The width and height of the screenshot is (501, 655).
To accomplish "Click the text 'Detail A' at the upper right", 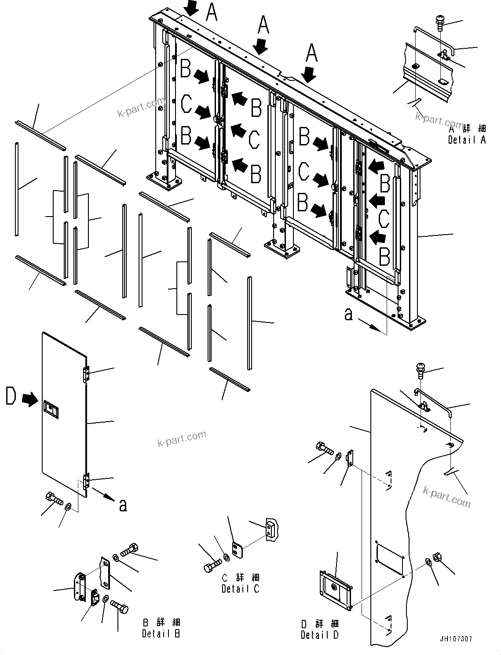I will point(467,140).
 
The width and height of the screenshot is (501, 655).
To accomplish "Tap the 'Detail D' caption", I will point(320,635).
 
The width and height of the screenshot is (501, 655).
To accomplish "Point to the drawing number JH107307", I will point(455,639).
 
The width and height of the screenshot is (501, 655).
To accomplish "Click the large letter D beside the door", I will point(11,396).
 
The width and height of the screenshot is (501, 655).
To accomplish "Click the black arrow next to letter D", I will point(30,399).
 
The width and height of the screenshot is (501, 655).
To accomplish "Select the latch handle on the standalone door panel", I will point(50,409).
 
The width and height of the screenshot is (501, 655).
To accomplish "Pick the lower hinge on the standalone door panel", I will point(86,481).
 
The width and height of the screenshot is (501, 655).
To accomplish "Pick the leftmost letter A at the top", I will point(212,12).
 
